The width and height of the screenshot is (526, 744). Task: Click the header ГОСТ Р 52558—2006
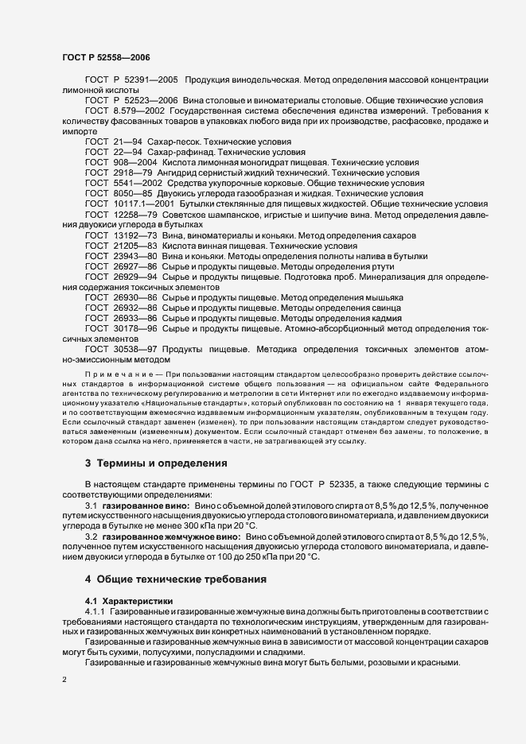(x=105, y=56)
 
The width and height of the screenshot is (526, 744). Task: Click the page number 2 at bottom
(x=64, y=680)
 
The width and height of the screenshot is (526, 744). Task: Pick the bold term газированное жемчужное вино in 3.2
(x=173, y=537)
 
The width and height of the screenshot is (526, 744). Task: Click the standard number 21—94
(x=131, y=141)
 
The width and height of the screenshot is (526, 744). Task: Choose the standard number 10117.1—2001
(x=143, y=203)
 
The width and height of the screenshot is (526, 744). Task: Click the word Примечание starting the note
(x=114, y=373)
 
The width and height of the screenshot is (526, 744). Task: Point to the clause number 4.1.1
(x=96, y=610)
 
